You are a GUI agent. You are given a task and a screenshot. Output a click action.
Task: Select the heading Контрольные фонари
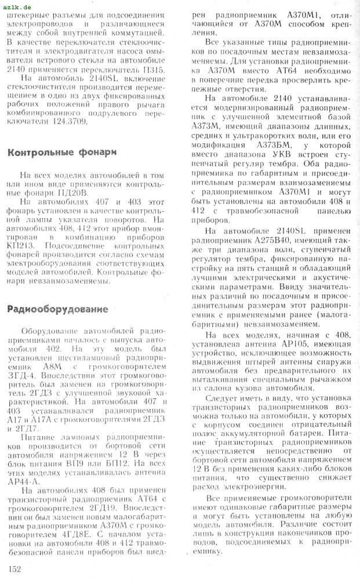[61, 153]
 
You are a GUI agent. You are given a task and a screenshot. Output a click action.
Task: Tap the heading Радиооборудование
[57, 309]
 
